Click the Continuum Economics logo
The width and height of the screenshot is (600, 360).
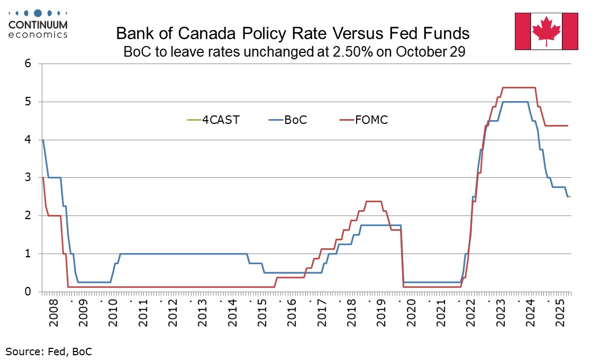click(x=38, y=23)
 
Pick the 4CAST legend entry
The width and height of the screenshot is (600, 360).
click(x=217, y=120)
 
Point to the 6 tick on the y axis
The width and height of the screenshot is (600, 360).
click(x=29, y=64)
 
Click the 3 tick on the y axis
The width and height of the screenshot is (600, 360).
click(x=29, y=177)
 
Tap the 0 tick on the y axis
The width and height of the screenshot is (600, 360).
click(x=29, y=291)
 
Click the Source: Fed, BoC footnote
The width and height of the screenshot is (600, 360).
click(x=44, y=350)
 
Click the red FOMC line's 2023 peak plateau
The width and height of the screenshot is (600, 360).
click(x=519, y=87)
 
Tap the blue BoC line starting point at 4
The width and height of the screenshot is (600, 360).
click(x=42, y=140)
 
